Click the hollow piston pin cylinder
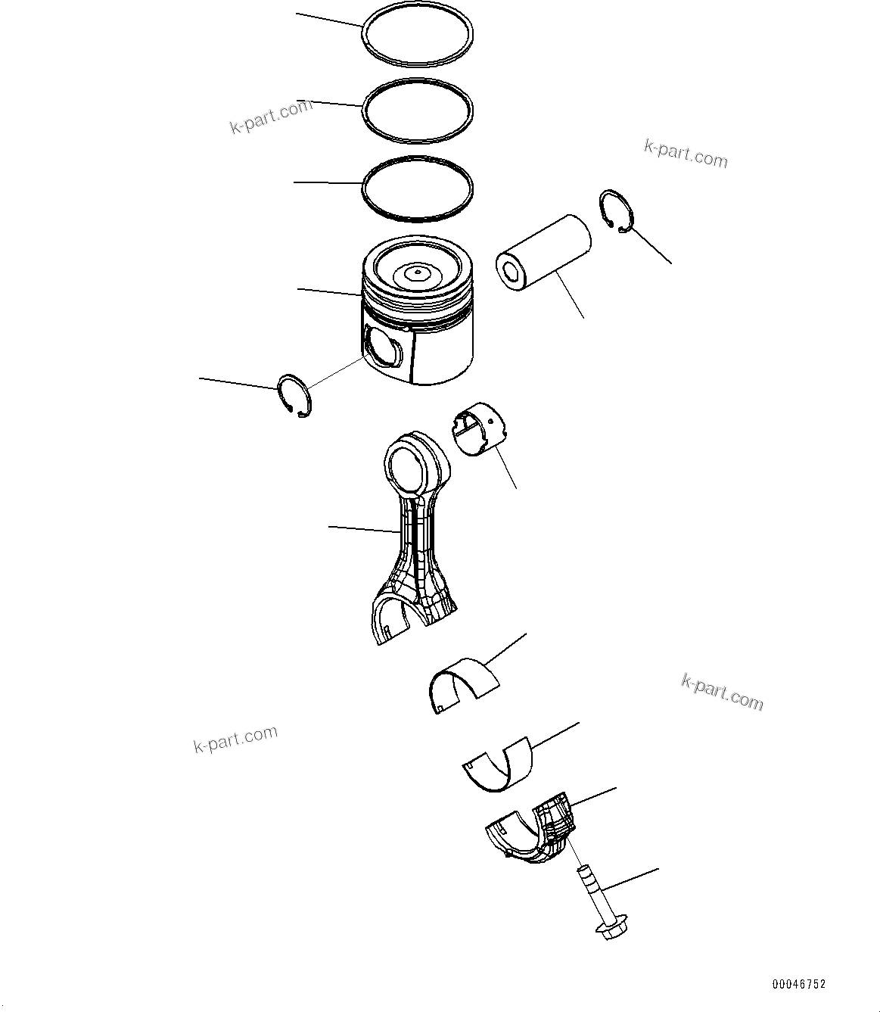coord(543,252)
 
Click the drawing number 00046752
coord(798,984)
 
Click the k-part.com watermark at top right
coord(686,154)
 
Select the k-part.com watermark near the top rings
coord(271,116)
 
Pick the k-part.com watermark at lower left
coord(235,740)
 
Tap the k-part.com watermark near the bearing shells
coord(722,692)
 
